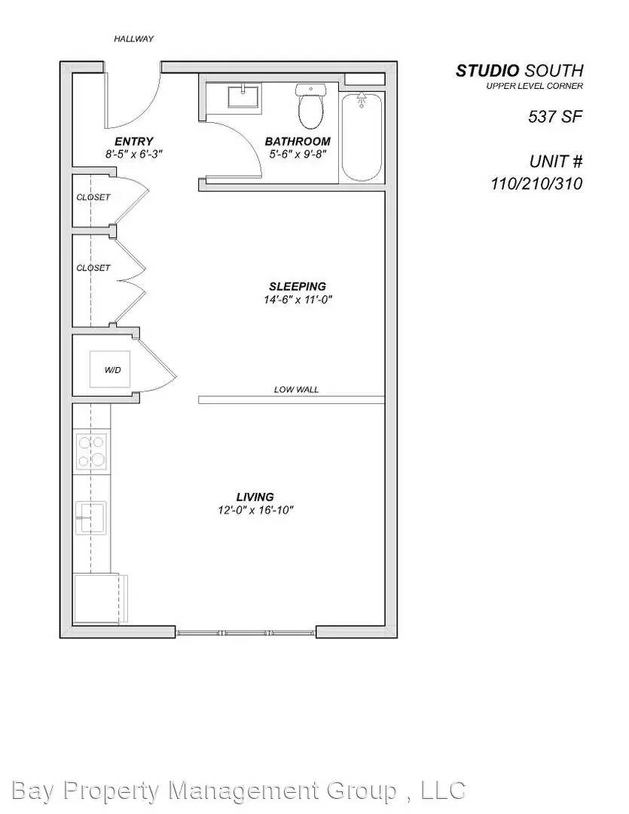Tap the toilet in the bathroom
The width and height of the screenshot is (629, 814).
coord(310,108)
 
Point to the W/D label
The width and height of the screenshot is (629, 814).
coord(111,370)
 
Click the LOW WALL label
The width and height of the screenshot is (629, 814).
coord(296,390)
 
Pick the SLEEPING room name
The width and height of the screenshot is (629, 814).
coord(298,286)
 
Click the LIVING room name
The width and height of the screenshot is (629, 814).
coord(255,497)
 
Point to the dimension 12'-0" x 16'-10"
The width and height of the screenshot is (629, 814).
coord(255,510)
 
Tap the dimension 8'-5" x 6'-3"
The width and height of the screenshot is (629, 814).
coord(134,154)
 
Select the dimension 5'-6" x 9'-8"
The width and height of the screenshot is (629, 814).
coord(298,154)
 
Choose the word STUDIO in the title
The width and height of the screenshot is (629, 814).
coord(487,71)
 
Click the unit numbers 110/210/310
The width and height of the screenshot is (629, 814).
coord(536,183)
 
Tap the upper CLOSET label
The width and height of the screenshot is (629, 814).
coord(93,197)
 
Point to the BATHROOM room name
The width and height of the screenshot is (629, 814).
coord(298,141)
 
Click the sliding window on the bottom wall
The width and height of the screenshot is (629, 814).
coord(246,632)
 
